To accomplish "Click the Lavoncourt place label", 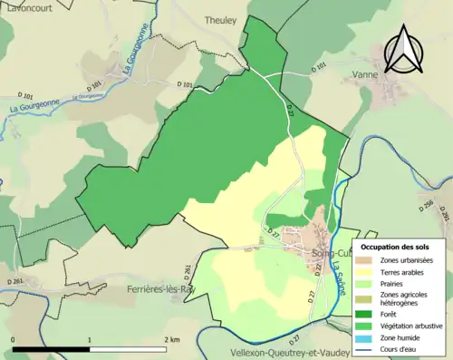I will click(27, 5).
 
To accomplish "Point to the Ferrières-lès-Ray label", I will click(162, 289).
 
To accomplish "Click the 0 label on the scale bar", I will click(14, 339).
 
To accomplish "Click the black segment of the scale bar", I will click(51, 348).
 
